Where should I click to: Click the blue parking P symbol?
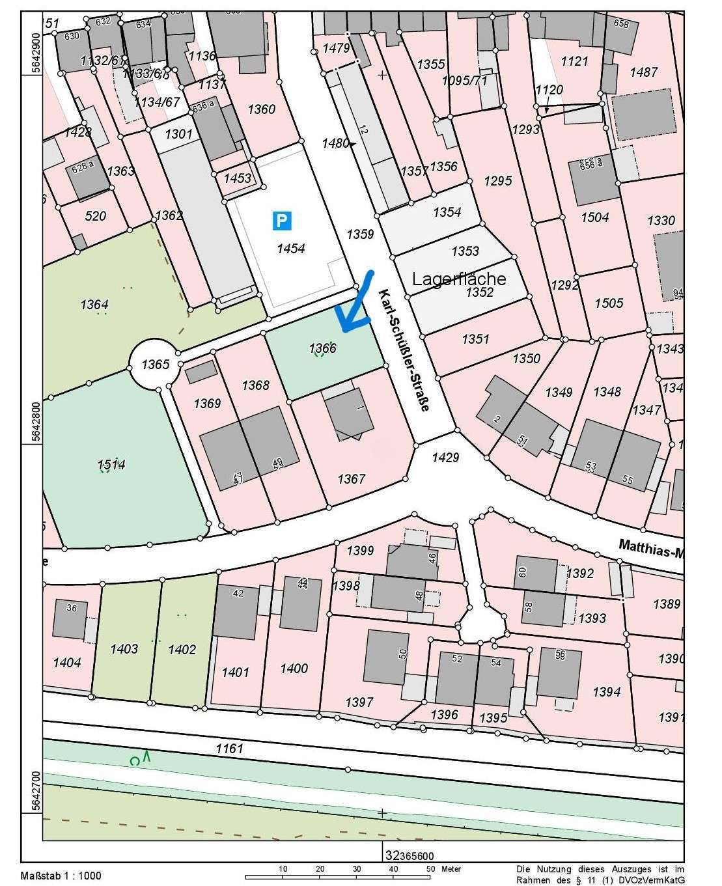282,221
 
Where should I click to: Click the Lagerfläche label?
459,279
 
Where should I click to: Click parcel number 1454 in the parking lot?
290,248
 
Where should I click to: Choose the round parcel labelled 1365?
155,364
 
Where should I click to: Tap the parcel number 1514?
111,464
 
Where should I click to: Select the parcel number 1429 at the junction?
445,458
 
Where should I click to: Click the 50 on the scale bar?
430,869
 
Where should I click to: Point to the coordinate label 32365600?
408,857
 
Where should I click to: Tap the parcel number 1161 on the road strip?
230,749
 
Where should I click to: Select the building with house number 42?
236,611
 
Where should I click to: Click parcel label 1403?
124,648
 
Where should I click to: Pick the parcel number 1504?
594,217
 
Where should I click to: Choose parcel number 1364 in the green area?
94,305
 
